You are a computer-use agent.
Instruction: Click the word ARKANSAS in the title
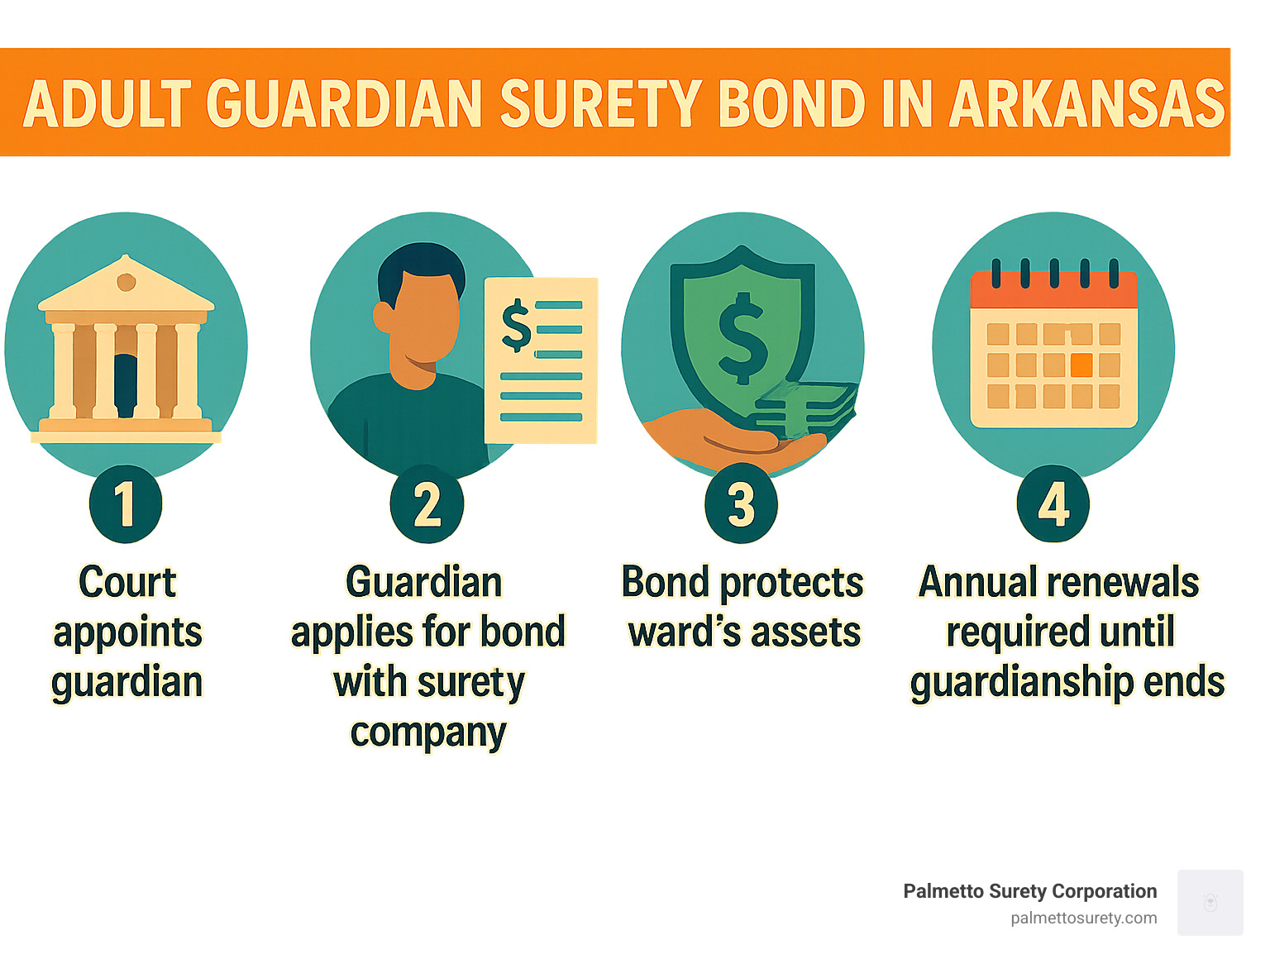pyautogui.click(x=1086, y=105)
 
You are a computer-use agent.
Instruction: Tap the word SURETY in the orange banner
pyautogui.click(x=601, y=105)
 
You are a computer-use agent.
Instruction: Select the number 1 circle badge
pyautogui.click(x=126, y=503)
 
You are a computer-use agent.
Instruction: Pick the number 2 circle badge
pyautogui.click(x=427, y=503)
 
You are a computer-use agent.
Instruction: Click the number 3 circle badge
pyautogui.click(x=741, y=503)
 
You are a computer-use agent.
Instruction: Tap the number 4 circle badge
pyautogui.click(x=1053, y=503)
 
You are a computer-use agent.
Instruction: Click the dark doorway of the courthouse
pyautogui.click(x=125, y=384)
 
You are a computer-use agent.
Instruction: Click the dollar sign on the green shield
pyautogui.click(x=742, y=337)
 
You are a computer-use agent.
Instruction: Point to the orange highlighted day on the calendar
pyautogui.click(x=1081, y=365)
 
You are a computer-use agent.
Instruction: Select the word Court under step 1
pyautogui.click(x=127, y=582)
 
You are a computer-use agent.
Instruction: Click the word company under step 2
pyautogui.click(x=427, y=732)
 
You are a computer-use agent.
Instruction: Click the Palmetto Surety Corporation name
pyautogui.click(x=1029, y=891)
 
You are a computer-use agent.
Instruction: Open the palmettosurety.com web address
pyautogui.click(x=1083, y=918)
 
